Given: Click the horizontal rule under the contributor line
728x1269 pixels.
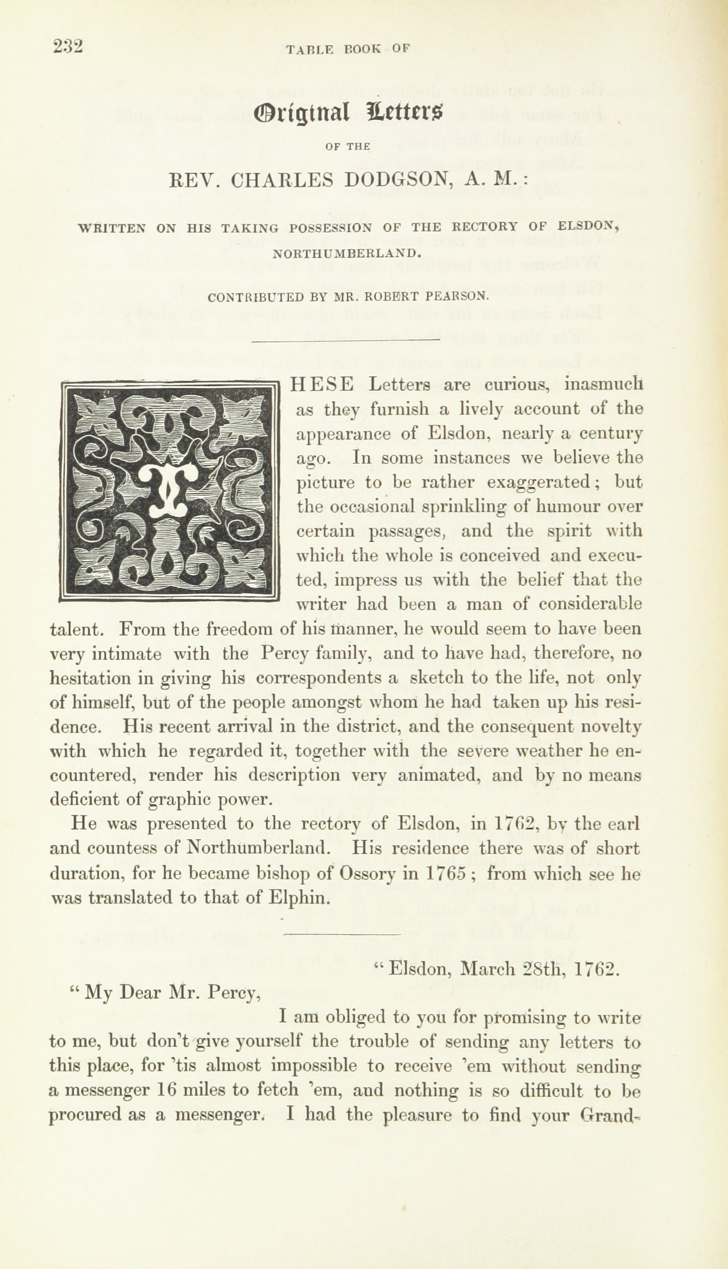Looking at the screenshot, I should pyautogui.click(x=346, y=341).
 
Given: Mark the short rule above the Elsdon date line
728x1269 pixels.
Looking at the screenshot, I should pyautogui.click(x=343, y=933).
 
